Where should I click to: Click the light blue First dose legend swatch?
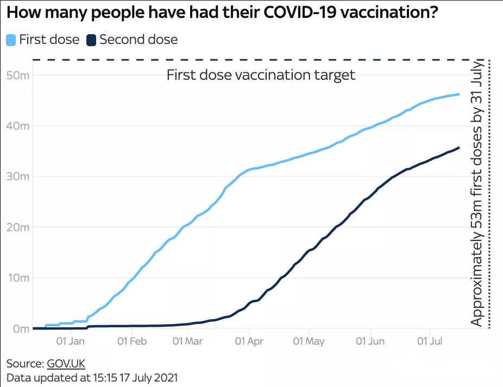pyautogui.click(x=11, y=40)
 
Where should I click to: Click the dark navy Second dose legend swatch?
pyautogui.click(x=91, y=40)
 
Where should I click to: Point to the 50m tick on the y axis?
pyautogui.click(x=17, y=75)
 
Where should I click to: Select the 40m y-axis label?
pyautogui.click(x=17, y=125)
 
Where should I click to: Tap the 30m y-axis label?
pyautogui.click(x=17, y=176)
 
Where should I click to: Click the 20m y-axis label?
pyautogui.click(x=17, y=227)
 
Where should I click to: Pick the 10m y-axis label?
pyautogui.click(x=17, y=278)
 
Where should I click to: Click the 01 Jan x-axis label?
pyautogui.click(x=70, y=341)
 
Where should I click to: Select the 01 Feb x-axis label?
pyautogui.click(x=132, y=341)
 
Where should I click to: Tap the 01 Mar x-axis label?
pyautogui.click(x=187, y=341)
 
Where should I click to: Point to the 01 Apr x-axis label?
pyautogui.click(x=249, y=341)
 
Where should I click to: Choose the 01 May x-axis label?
pyautogui.click(x=309, y=341)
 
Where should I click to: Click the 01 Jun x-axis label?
pyautogui.click(x=370, y=341)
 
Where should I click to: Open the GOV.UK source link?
pyautogui.click(x=66, y=363)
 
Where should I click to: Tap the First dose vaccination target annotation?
pyautogui.click(x=261, y=75)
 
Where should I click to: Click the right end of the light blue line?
pyautogui.click(x=459, y=94)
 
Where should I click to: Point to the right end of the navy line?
pyautogui.click(x=459, y=148)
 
